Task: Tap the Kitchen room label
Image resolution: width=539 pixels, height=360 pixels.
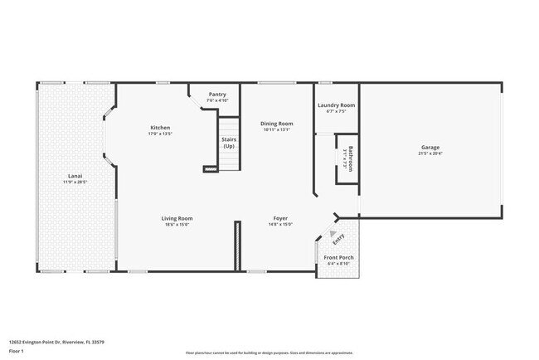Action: pyautogui.click(x=160, y=128)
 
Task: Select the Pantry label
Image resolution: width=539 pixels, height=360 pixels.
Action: pyautogui.click(x=217, y=95)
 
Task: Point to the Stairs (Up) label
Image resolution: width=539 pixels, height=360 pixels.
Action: pyautogui.click(x=229, y=143)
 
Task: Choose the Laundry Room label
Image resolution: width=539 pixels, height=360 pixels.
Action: pyautogui.click(x=337, y=105)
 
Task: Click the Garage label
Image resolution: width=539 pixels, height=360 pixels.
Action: pyautogui.click(x=430, y=148)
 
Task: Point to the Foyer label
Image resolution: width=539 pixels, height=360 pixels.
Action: pyautogui.click(x=280, y=218)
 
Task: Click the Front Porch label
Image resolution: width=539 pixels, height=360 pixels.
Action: pyautogui.click(x=338, y=258)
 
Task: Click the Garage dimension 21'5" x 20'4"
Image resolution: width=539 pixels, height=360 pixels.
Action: pyautogui.click(x=430, y=153)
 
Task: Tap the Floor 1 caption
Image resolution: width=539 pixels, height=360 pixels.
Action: pyautogui.click(x=17, y=351)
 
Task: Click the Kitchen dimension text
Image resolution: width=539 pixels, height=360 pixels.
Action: pyautogui.click(x=160, y=134)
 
